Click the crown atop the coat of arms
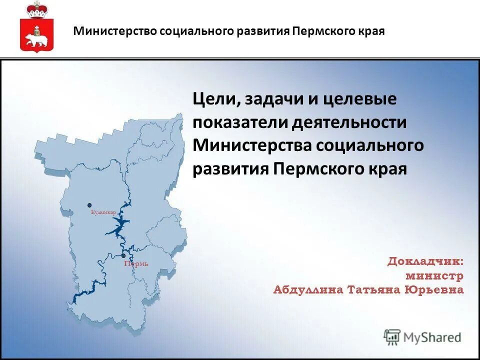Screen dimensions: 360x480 35,10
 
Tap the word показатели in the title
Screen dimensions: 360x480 240,122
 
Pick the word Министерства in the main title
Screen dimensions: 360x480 253,145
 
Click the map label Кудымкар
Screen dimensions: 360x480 103,212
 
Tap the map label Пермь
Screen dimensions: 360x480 136,264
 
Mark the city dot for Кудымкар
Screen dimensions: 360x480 89,205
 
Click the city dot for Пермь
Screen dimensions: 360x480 123,255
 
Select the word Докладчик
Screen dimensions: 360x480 425,261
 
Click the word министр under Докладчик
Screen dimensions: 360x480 434,275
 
